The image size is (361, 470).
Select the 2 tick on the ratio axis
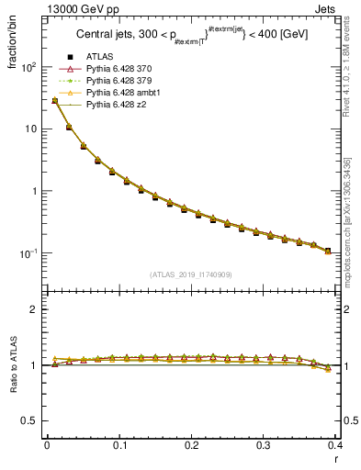(34, 309)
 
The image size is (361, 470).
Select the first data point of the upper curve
(55, 101)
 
